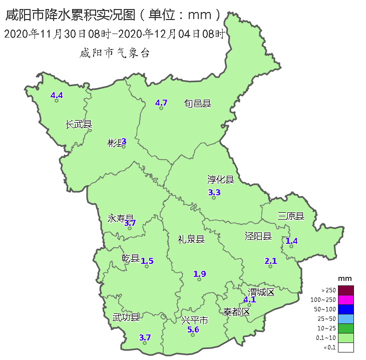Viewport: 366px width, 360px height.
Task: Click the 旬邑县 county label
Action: click(197, 104)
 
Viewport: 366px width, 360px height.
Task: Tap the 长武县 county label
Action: click(79, 124)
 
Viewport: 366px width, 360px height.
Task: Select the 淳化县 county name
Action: click(221, 180)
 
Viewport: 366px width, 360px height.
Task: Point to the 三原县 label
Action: click(291, 216)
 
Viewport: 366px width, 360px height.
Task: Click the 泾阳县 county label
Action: click(258, 236)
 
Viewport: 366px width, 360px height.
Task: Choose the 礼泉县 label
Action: click(191, 239)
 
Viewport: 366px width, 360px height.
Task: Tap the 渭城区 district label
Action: click(262, 292)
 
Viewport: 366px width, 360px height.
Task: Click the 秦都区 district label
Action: click(236, 312)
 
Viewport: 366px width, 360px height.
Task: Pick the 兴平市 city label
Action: click(194, 320)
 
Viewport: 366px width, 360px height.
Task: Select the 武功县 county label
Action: click(126, 317)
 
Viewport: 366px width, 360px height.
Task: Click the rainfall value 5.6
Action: click(193, 329)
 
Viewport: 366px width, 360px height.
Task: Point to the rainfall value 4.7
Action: click(161, 103)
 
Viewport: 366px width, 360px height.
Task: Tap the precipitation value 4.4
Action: click(57, 95)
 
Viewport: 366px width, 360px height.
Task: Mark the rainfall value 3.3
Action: click(214, 192)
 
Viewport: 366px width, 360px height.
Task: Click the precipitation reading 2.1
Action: click(270, 261)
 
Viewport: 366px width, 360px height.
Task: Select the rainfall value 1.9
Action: click(200, 274)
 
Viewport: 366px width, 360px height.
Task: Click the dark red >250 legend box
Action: click(345, 290)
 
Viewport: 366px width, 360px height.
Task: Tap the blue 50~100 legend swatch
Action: click(345, 309)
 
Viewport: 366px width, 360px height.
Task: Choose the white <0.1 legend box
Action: click(345, 347)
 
